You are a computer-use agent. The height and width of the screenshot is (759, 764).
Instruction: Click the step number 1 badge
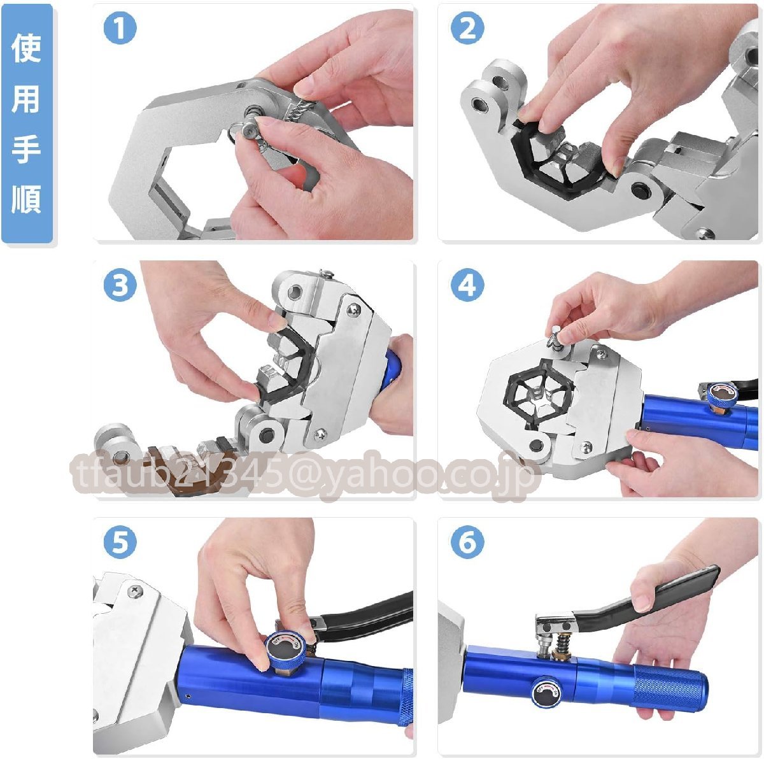pos(120,28)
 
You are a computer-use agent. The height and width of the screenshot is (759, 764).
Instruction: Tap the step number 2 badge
pos(467,28)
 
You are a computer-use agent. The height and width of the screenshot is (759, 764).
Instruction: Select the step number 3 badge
pos(120,285)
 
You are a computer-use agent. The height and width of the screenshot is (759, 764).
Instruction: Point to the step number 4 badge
pos(467,285)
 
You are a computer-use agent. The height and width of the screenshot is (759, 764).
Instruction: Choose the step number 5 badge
pos(120,542)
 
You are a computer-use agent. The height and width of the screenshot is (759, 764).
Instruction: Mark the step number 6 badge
pos(467,542)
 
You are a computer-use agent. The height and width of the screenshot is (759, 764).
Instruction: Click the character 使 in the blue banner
pos(26,48)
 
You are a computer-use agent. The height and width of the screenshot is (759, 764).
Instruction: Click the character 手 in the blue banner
pos(26,148)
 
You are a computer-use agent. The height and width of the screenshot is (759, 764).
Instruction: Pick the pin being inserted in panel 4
pos(556,337)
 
